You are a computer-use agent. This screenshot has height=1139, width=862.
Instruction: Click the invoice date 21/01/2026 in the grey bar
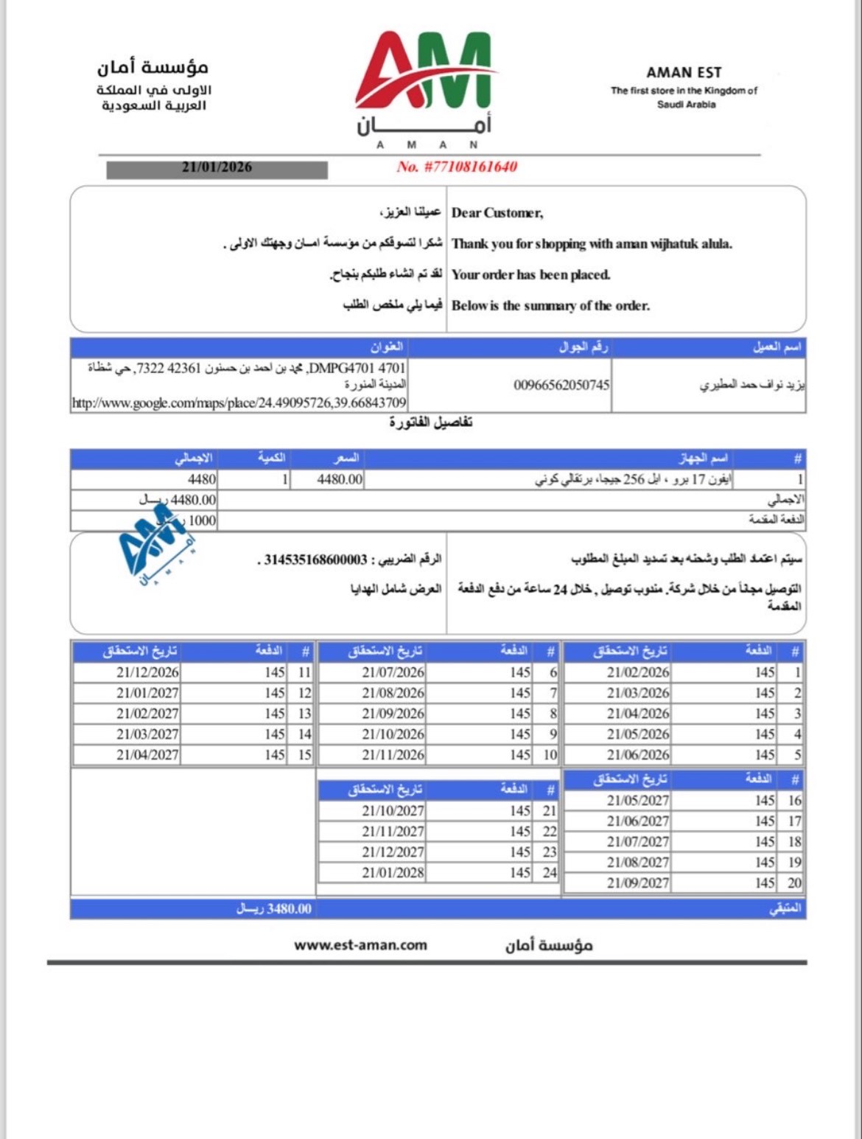(x=217, y=167)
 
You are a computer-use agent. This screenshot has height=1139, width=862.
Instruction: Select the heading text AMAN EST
(x=684, y=72)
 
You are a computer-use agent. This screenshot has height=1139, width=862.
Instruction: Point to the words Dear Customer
(x=497, y=213)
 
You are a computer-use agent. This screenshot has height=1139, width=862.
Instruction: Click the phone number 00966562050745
(x=561, y=385)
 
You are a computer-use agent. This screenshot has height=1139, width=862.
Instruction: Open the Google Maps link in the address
(x=239, y=403)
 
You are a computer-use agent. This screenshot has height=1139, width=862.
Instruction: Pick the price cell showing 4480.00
(x=340, y=479)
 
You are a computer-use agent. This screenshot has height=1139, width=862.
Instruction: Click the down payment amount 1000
(x=202, y=520)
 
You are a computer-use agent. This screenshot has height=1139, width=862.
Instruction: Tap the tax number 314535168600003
(x=315, y=560)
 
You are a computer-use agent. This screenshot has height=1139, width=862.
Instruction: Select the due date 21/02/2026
(x=638, y=672)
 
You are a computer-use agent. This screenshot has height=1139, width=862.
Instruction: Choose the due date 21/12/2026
(x=147, y=672)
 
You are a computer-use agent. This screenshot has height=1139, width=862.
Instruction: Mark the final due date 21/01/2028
(x=393, y=873)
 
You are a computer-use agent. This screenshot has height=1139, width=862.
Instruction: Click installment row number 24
(x=549, y=873)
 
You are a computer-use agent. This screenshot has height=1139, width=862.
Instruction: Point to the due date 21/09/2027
(x=638, y=883)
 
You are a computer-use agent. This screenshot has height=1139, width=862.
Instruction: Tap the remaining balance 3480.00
(x=274, y=909)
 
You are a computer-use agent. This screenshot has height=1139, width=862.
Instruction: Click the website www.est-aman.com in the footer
(x=360, y=945)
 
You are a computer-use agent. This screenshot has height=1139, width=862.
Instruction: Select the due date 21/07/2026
(x=393, y=672)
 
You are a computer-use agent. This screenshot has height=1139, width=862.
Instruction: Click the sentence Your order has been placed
(x=530, y=275)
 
